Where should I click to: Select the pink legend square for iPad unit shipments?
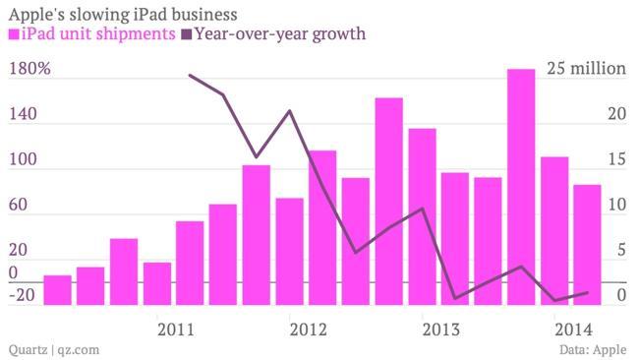[14, 35]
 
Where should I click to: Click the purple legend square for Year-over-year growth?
[187, 35]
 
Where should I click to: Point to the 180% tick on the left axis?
[29, 70]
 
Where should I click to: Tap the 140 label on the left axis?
[23, 115]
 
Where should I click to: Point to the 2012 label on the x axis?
[308, 328]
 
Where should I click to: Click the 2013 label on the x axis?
[439, 328]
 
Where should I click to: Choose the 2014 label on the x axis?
[572, 328]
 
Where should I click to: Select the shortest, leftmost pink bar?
[58, 290]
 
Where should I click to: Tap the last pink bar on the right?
[587, 244]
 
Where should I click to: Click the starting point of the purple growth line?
[190, 76]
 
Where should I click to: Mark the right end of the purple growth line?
[587, 292]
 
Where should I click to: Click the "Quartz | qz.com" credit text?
[53, 348]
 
